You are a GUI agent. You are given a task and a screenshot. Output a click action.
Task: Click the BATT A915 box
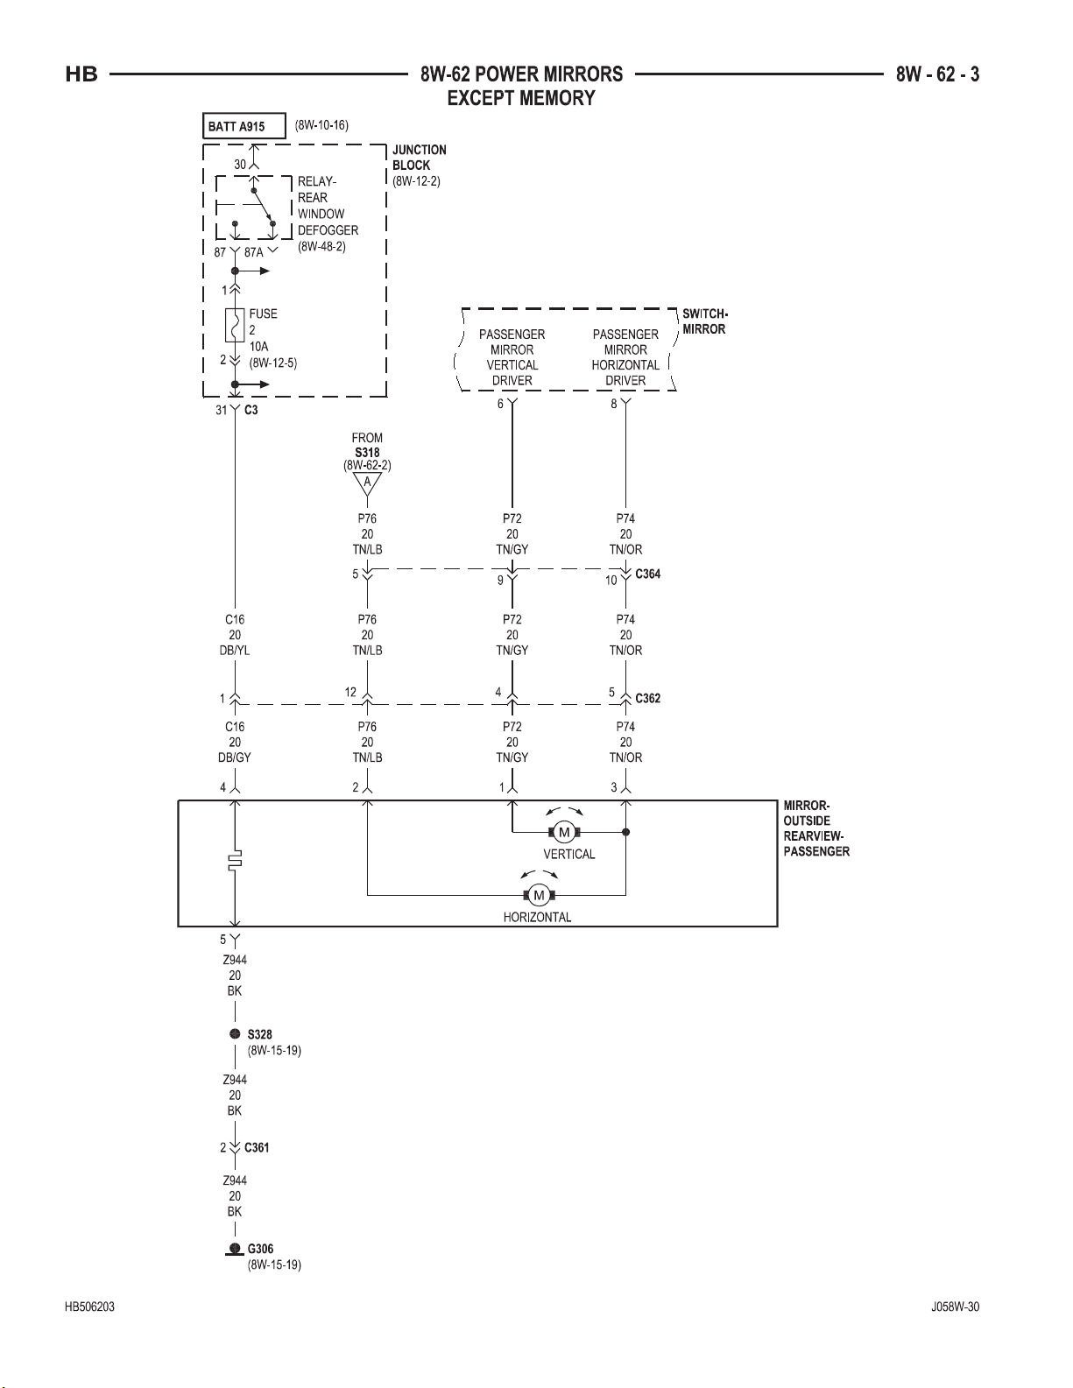tap(244, 126)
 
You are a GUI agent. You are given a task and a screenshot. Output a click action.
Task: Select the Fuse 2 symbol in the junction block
tap(235, 325)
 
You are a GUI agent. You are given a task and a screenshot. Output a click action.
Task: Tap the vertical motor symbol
tap(564, 832)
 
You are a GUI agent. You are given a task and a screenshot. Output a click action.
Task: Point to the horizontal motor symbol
tap(539, 896)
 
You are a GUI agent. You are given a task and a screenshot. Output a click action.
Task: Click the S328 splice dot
tap(235, 1034)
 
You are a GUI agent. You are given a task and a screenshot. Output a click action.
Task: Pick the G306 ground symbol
tap(235, 1250)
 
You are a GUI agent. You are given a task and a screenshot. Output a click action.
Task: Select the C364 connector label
tap(647, 574)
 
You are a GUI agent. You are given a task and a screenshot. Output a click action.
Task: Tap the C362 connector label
tap(647, 698)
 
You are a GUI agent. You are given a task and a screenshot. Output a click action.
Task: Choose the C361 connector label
tap(257, 1147)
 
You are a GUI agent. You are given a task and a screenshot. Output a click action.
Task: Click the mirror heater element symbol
tap(235, 861)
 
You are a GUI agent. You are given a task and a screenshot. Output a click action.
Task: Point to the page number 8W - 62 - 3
tap(937, 74)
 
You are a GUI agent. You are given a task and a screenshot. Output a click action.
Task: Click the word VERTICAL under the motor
tap(569, 854)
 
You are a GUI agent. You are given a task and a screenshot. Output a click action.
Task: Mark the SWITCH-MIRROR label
tap(705, 321)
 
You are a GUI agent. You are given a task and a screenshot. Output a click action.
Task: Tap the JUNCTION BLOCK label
tap(419, 157)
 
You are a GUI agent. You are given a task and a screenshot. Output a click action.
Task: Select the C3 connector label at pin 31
tap(251, 410)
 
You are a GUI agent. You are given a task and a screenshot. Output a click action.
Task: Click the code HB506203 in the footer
tap(89, 1307)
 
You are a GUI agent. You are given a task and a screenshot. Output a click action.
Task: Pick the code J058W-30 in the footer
tap(955, 1307)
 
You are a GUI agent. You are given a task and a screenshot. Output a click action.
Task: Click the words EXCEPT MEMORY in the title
tap(521, 98)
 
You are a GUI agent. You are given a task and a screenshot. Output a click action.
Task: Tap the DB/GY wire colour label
tap(235, 757)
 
